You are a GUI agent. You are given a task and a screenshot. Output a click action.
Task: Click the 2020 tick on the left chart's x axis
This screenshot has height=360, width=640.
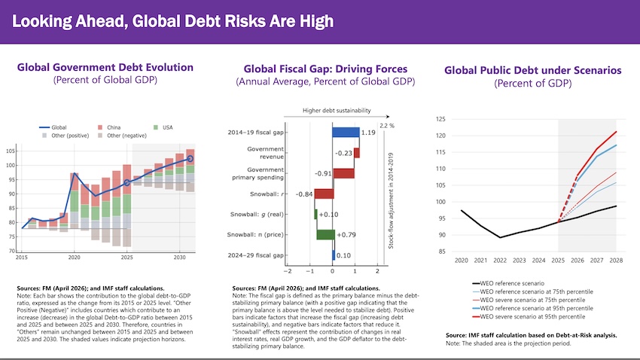tap(74, 258)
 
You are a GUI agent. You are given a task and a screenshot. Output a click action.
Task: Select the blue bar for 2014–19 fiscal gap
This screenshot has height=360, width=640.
tap(346, 133)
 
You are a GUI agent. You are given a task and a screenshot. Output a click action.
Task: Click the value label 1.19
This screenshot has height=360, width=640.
tap(369, 133)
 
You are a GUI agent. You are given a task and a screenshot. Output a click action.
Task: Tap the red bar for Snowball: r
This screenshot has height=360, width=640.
tap(324, 194)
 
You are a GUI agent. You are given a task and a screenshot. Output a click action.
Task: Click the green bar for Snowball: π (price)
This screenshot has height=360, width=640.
tap(325, 234)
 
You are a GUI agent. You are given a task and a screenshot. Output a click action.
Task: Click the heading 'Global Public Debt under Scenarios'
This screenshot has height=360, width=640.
tap(532, 70)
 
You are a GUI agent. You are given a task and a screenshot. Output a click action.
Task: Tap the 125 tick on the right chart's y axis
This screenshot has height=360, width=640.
tap(441, 119)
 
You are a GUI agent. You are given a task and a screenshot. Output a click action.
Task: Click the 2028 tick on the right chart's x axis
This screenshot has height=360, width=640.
tap(615, 259)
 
